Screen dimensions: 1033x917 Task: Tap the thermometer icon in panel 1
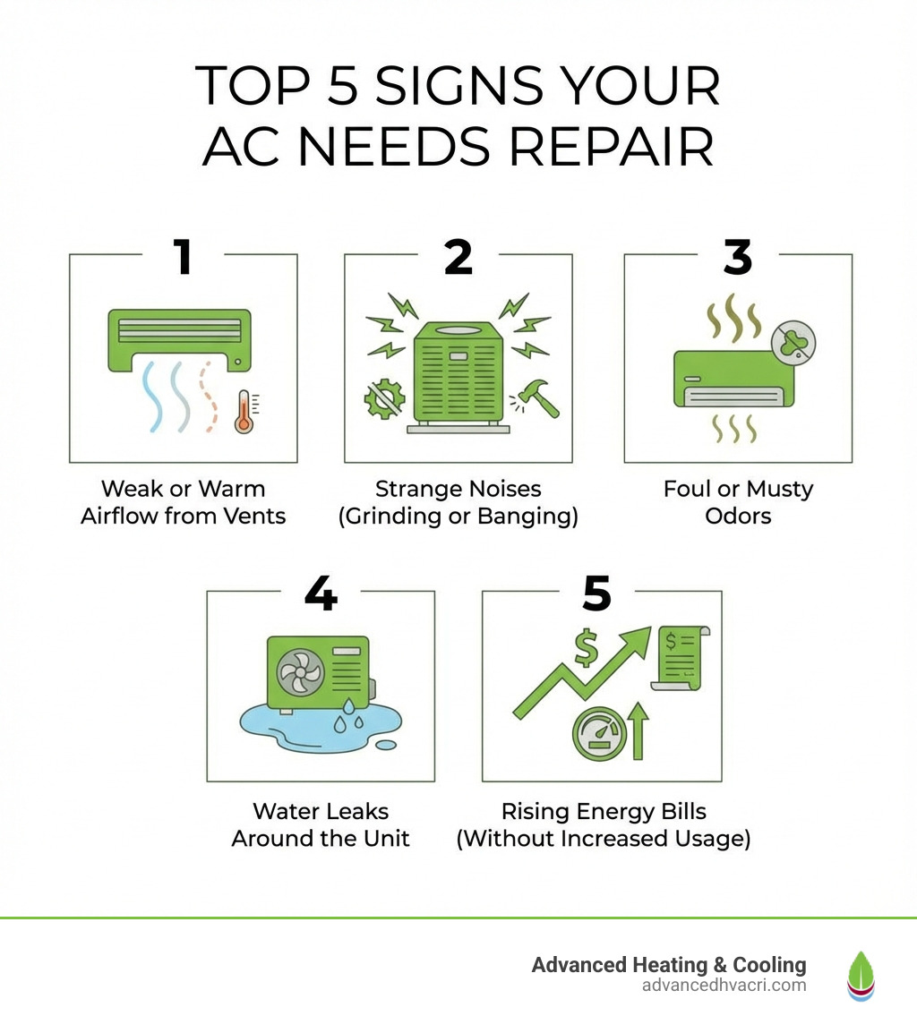point(243,414)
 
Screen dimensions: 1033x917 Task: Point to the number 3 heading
point(737,257)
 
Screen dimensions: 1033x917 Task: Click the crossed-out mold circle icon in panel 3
point(793,342)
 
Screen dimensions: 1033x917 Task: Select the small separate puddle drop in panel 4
point(386,745)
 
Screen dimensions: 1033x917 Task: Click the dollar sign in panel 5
point(586,648)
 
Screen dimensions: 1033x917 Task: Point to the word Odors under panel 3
point(737,516)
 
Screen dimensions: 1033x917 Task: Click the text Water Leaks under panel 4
point(321,812)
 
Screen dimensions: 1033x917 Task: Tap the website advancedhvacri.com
point(724,986)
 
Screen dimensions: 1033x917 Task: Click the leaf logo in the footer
point(861,975)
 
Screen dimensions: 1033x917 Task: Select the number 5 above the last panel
point(596,593)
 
